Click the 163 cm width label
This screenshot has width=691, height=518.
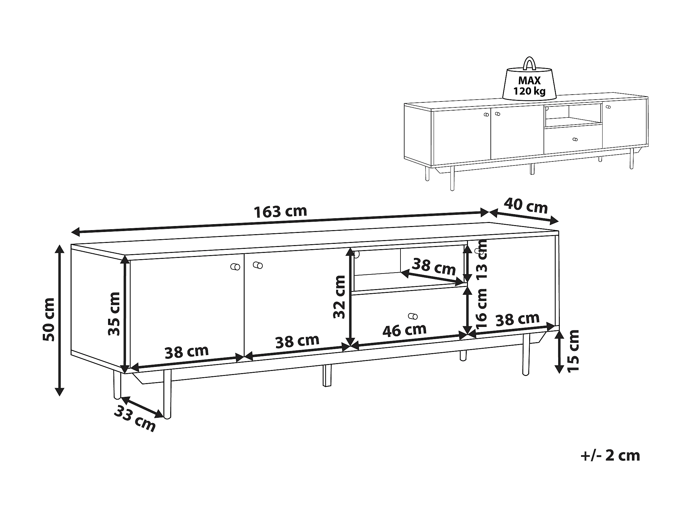[280, 212]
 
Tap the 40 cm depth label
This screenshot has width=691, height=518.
[526, 206]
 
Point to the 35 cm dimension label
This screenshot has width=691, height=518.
[114, 314]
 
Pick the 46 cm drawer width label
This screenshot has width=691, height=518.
[405, 330]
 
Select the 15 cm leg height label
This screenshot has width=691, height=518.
[573, 351]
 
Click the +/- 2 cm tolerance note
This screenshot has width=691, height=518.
[610, 456]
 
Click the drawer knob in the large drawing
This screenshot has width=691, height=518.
[413, 316]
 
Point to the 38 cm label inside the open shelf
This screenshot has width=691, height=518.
[434, 266]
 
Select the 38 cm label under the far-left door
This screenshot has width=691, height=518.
[186, 352]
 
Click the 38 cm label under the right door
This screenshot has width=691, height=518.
[518, 319]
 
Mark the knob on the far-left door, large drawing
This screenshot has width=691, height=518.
[235, 267]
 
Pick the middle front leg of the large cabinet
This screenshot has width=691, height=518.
[327, 375]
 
